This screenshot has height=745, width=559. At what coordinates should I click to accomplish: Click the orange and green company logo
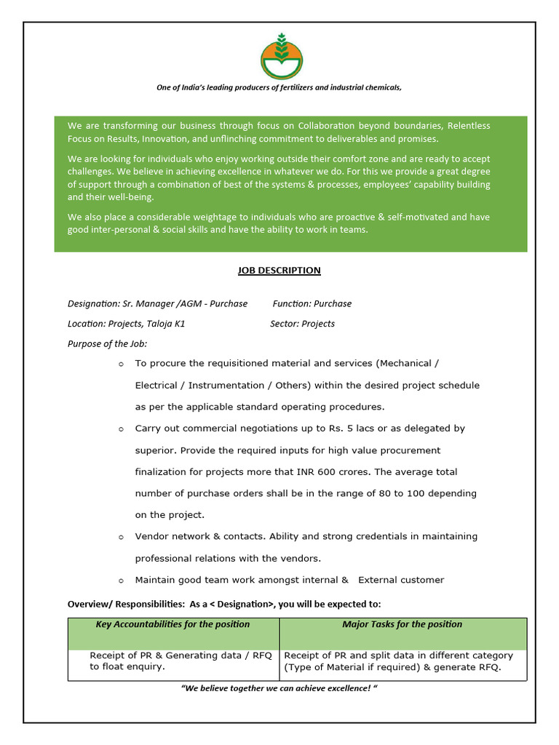coord(279,57)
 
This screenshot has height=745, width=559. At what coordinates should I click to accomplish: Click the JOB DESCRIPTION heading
coord(279,271)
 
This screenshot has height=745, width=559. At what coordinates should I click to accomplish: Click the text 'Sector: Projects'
coord(302,324)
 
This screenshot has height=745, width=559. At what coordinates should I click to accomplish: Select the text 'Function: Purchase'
coord(312,303)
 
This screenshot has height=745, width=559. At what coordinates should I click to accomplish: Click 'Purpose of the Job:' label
coord(108,343)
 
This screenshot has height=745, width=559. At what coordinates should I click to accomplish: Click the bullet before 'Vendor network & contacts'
coord(121,537)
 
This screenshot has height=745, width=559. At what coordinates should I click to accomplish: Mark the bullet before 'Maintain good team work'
coord(121,581)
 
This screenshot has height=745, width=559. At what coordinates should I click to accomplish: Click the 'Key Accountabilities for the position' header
coord(173,624)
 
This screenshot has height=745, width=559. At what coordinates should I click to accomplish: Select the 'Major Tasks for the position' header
coord(402,624)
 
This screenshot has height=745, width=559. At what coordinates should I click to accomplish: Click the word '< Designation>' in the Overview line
coord(242,604)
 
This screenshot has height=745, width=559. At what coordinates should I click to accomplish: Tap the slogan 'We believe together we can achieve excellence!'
coord(279,688)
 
